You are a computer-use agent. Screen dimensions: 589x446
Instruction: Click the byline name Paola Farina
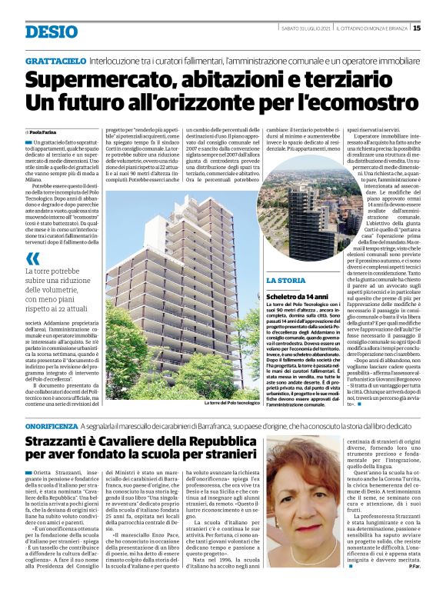point(45,132)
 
